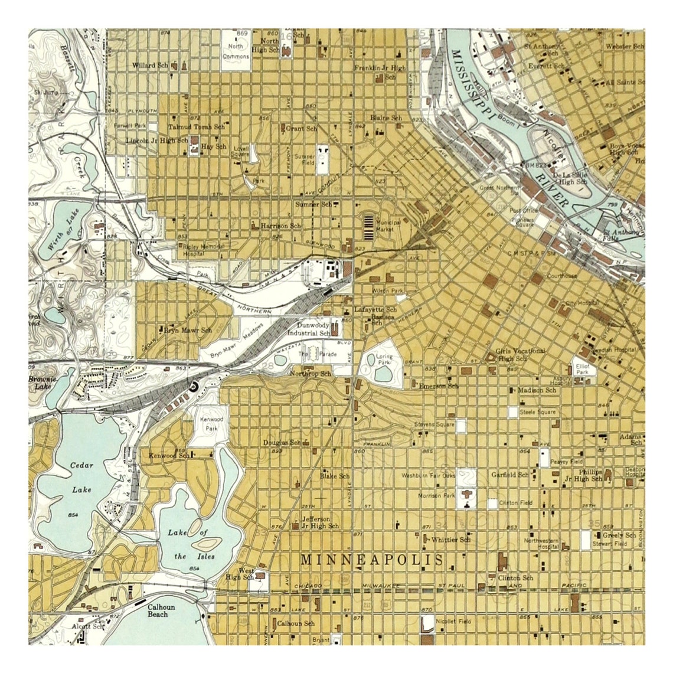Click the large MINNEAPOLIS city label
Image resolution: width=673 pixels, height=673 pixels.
pyautogui.click(x=373, y=560)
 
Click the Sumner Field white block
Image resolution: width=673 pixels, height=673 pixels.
pyautogui.click(x=322, y=159)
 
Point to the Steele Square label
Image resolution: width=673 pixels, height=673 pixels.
pyautogui.click(x=537, y=412)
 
